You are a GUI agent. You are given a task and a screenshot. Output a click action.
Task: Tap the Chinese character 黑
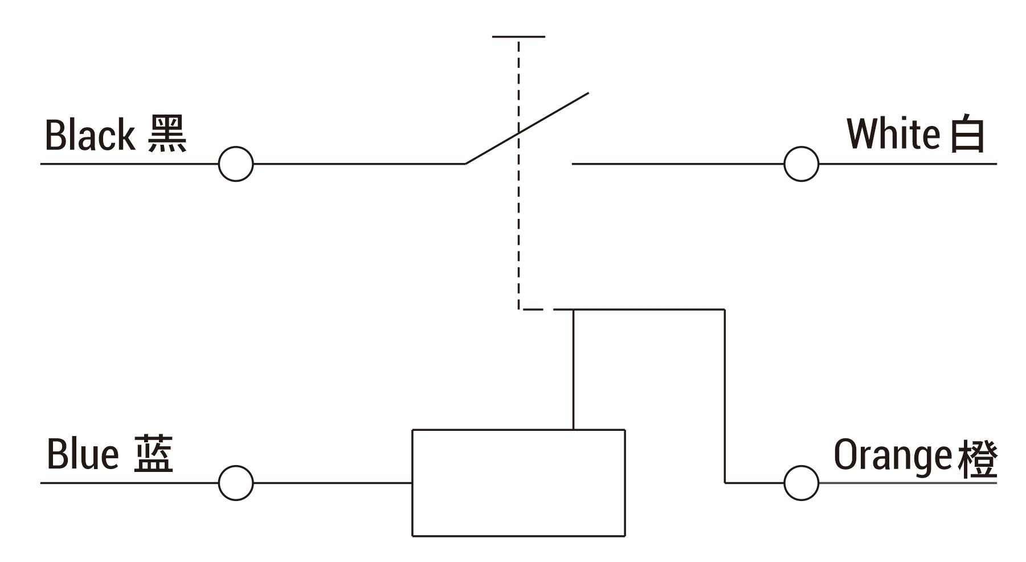(167, 134)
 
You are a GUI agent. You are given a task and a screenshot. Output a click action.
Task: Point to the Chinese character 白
(967, 135)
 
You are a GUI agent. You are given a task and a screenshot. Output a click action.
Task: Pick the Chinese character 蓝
(154, 454)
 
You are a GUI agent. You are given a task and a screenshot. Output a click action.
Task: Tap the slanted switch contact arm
(527, 128)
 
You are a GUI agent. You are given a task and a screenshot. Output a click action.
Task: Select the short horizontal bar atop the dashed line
(518, 36)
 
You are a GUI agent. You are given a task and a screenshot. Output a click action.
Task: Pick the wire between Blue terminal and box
(332, 483)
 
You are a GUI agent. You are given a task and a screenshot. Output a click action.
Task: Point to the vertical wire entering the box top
(573, 369)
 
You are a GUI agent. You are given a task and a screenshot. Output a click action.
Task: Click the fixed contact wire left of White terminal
(678, 164)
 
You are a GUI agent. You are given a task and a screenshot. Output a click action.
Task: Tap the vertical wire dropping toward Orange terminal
(725, 396)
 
